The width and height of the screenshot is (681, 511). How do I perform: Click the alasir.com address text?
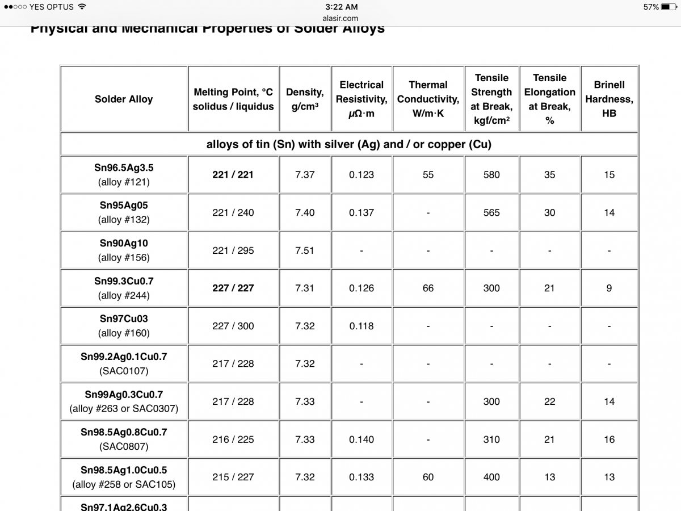click(x=340, y=18)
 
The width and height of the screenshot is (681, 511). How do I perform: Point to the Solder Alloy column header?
click(x=124, y=99)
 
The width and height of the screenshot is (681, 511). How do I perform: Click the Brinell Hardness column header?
click(x=609, y=99)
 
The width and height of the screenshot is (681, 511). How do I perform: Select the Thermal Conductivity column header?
click(x=428, y=99)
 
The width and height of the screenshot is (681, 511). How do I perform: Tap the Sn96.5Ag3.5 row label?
click(x=124, y=168)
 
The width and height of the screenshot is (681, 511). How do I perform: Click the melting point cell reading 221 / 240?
click(x=233, y=212)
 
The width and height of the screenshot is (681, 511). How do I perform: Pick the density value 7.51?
click(x=305, y=250)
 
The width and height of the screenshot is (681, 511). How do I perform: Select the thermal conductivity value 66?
click(x=428, y=288)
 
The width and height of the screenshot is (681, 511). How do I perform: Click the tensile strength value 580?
click(x=491, y=175)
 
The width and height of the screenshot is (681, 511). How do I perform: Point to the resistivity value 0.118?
click(x=361, y=326)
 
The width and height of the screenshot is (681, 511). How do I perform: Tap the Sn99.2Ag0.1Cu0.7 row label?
click(x=124, y=357)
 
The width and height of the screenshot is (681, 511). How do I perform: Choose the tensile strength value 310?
click(x=491, y=439)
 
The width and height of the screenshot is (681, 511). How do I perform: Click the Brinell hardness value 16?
click(x=609, y=439)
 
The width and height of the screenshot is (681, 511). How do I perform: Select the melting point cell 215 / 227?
click(x=233, y=477)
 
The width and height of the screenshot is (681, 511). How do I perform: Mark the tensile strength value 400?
click(x=491, y=477)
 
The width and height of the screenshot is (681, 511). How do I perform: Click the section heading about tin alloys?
click(x=348, y=144)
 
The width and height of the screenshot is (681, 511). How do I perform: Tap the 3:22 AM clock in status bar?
click(x=342, y=7)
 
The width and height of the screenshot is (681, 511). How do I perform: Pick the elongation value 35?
click(x=549, y=175)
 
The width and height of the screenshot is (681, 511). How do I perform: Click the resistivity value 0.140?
click(x=361, y=439)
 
